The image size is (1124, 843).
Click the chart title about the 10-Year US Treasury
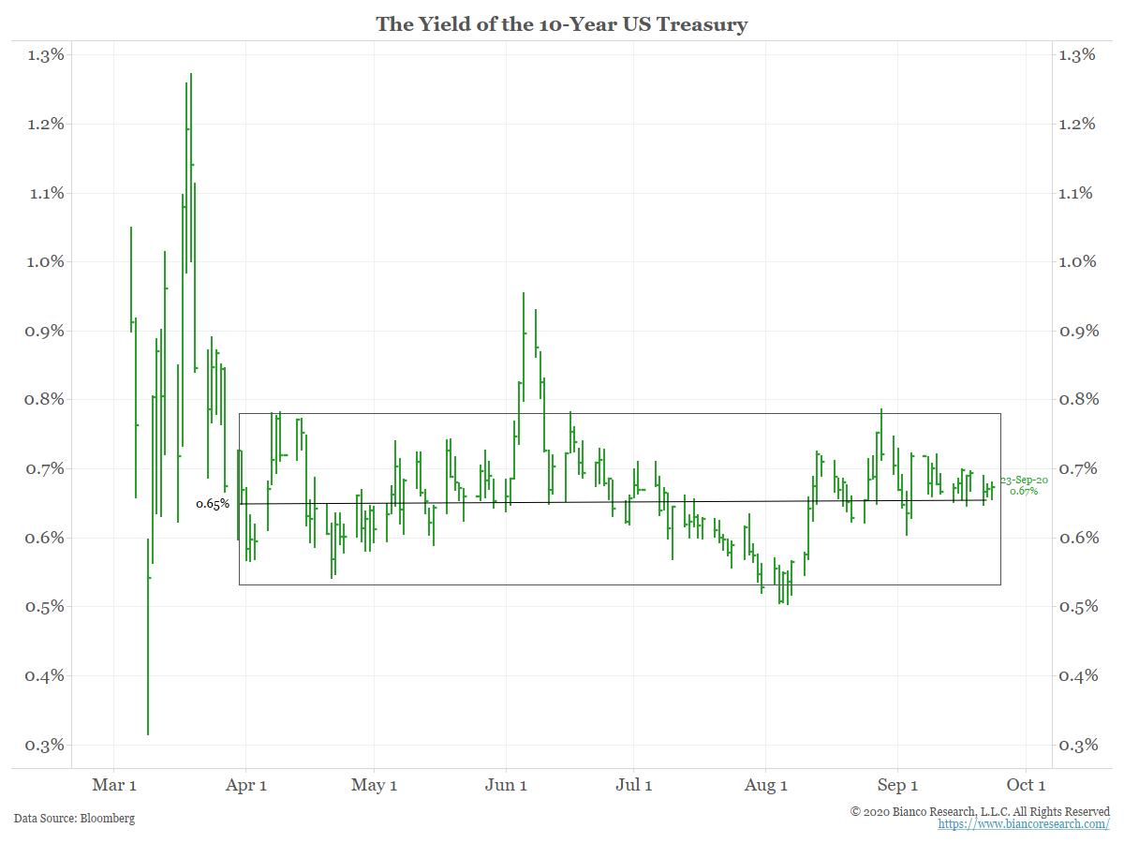[x=562, y=24]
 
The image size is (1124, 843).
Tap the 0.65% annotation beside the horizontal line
[x=213, y=504]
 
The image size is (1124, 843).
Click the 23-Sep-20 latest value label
[x=1024, y=484]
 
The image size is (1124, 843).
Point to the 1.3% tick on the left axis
[x=45, y=54]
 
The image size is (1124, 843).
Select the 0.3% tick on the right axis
[x=1076, y=745]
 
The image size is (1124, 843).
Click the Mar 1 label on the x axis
[x=115, y=785]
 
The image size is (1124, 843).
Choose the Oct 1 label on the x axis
[x=1026, y=785]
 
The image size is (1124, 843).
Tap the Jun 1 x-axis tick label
[x=506, y=785]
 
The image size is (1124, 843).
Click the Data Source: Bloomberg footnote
[x=74, y=819]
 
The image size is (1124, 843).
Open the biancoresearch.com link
[x=1024, y=824]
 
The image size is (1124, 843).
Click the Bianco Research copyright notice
[x=980, y=811]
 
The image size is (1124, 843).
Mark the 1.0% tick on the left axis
[x=45, y=261]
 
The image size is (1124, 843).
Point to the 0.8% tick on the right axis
[x=1076, y=399]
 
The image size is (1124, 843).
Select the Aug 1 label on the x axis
[x=765, y=785]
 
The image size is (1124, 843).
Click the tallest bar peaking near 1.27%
[x=191, y=169]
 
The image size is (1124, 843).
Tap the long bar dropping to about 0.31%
[x=148, y=637]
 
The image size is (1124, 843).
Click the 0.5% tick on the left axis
[x=45, y=606]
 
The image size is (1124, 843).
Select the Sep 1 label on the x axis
[x=897, y=785]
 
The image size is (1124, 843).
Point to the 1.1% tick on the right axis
[x=1076, y=193]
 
